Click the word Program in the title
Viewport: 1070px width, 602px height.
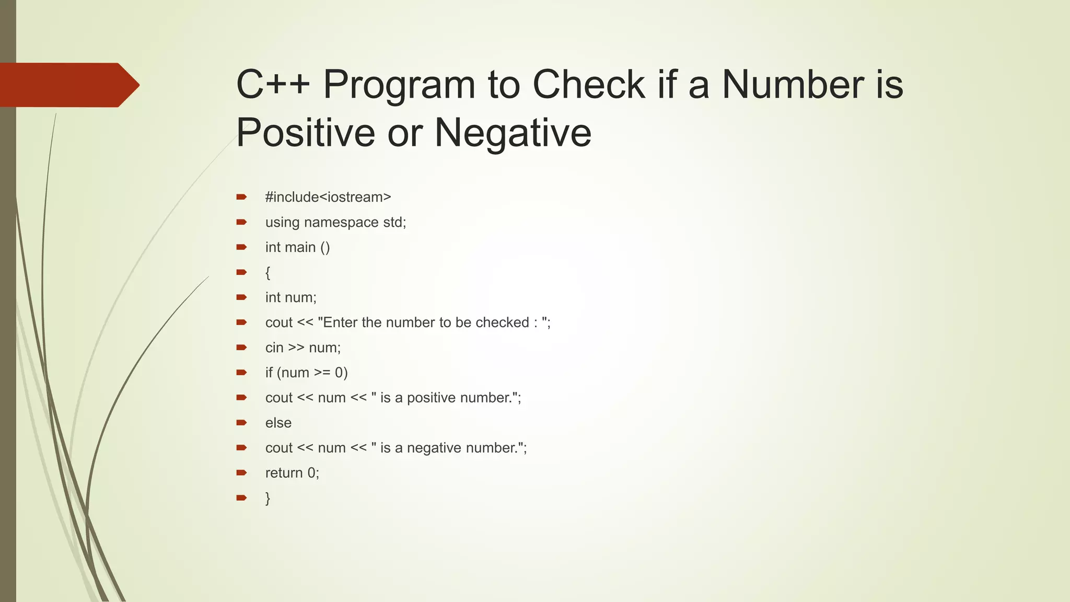[399, 85]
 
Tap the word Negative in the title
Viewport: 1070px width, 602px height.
[513, 133]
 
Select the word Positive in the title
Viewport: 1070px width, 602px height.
[306, 133]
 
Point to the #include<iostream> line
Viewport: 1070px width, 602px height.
[328, 197]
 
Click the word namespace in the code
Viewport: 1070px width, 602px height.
[341, 223]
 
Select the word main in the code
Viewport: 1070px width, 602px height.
[300, 247]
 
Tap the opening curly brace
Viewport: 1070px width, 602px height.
[267, 272]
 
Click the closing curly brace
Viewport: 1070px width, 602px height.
[267, 497]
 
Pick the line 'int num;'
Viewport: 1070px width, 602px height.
[290, 297]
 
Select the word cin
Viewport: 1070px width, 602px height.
[274, 348]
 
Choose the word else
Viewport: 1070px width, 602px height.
[278, 423]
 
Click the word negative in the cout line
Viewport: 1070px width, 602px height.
[434, 448]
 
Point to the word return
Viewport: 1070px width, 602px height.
[284, 473]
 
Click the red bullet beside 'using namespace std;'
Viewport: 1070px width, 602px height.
[241, 222]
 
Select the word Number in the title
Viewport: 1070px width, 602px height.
[793, 85]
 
